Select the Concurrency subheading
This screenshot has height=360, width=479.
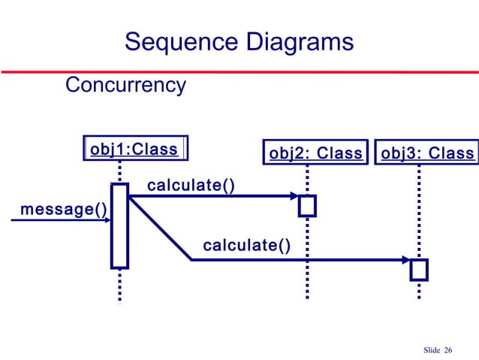(x=125, y=85)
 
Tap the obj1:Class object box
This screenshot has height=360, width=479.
(x=135, y=149)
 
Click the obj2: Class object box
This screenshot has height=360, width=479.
(x=315, y=153)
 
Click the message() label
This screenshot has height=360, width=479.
(x=63, y=208)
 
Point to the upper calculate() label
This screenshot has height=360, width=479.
(x=190, y=184)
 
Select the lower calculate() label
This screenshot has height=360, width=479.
(x=246, y=245)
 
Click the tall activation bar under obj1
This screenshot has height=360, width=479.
(x=119, y=225)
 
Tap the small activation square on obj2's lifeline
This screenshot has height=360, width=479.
(x=307, y=205)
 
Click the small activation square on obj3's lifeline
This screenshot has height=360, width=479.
(x=419, y=269)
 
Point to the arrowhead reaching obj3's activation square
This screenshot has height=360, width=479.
(x=405, y=260)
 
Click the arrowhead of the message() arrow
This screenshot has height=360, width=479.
(x=106, y=220)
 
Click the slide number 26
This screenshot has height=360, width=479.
(x=448, y=350)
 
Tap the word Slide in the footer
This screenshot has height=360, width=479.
(x=431, y=350)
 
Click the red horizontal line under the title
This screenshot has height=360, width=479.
(x=239, y=71)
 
